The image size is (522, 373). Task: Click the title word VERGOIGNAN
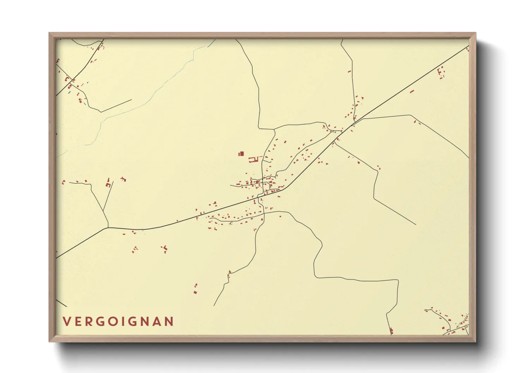click(x=118, y=322)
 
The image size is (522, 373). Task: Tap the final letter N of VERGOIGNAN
click(x=170, y=322)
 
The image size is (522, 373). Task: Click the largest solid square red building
click(x=242, y=154)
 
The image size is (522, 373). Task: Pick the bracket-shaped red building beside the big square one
click(x=252, y=160)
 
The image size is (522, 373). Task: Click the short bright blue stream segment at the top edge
click(x=212, y=43)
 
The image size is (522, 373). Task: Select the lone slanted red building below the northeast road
click(x=412, y=92)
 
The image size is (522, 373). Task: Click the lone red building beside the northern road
click(x=349, y=72)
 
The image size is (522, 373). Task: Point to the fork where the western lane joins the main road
click(x=108, y=227)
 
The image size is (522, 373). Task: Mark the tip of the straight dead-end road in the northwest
click(x=132, y=99)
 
